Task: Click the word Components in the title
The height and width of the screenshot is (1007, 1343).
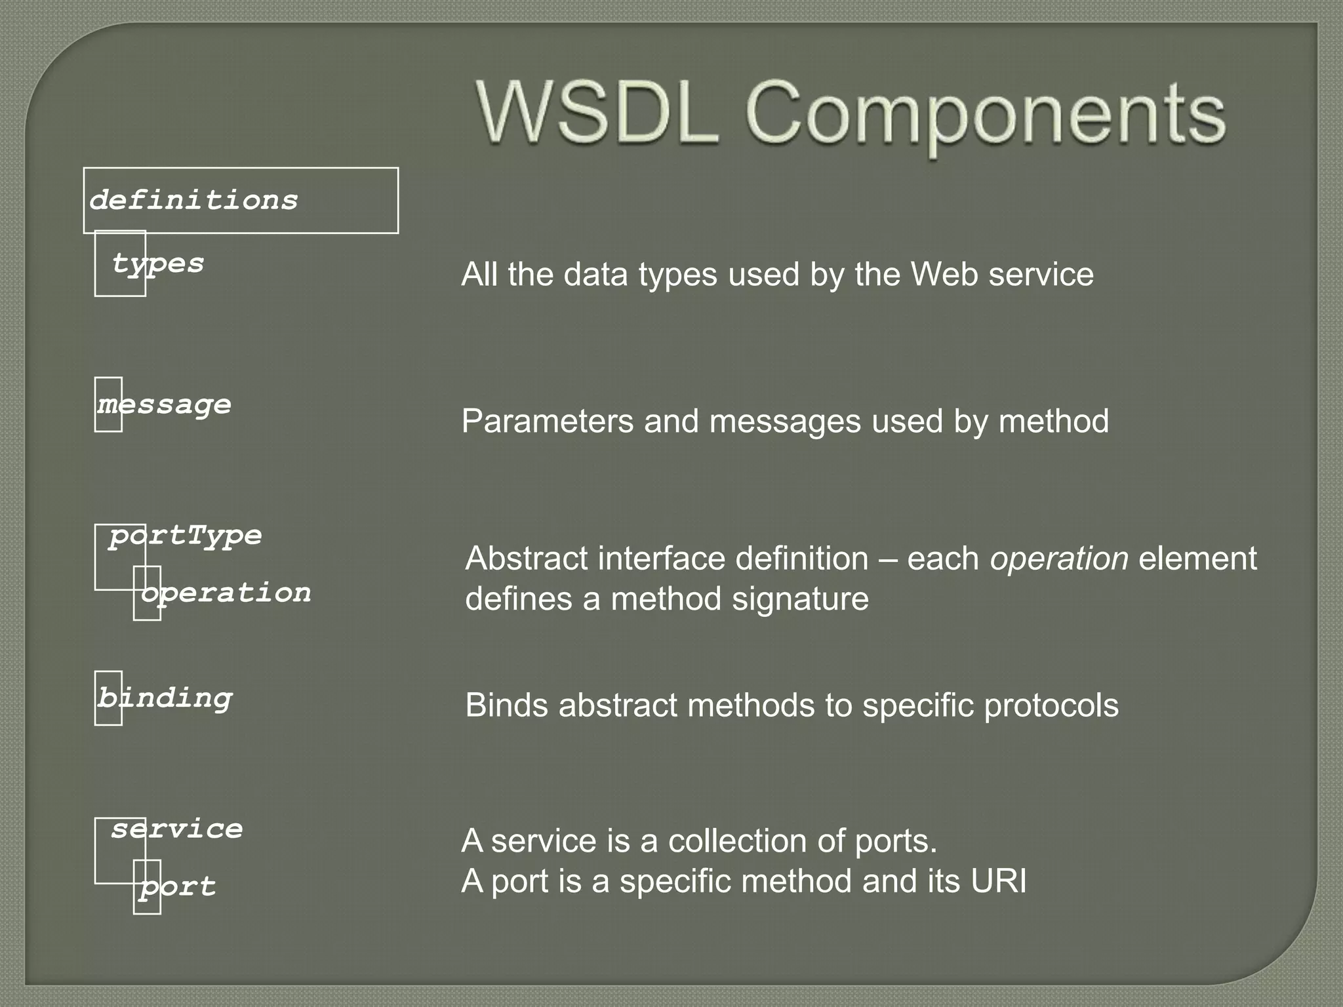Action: [x=985, y=114]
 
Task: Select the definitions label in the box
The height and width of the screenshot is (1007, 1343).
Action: [x=193, y=200]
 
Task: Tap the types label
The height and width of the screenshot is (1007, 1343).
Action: [x=158, y=264]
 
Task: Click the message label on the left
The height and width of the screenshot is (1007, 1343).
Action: [x=165, y=405]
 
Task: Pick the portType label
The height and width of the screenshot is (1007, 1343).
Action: [x=186, y=536]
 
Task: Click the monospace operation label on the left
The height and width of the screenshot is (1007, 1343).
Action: [x=226, y=593]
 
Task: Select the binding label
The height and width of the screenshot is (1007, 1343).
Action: [x=165, y=698]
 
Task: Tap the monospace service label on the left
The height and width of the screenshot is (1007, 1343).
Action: [x=177, y=829]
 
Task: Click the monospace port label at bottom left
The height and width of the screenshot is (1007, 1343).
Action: [x=177, y=887]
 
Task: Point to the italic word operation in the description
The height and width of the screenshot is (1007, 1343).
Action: [x=1059, y=559]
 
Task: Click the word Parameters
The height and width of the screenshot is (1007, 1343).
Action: [x=548, y=421]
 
